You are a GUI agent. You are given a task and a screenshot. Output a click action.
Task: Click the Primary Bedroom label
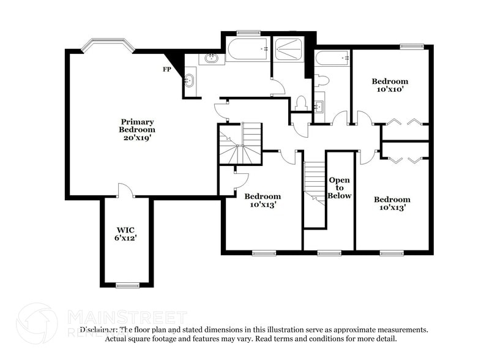click(x=136, y=130)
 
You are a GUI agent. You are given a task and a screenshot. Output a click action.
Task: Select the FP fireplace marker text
click(x=166, y=69)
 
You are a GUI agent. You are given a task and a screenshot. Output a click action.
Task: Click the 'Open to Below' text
click(x=340, y=187)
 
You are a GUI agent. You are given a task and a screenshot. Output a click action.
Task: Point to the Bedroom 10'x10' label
click(x=390, y=85)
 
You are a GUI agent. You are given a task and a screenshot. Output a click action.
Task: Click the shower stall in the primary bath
click(x=289, y=49)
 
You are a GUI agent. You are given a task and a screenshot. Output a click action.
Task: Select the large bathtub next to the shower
click(x=248, y=49)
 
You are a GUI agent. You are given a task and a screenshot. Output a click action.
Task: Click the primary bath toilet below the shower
click(x=300, y=103)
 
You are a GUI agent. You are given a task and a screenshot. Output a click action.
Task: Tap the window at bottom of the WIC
click(x=127, y=285)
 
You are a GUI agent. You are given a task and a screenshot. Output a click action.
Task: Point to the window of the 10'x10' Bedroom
click(x=412, y=46)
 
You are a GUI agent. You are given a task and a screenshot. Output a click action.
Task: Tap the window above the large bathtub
click(x=248, y=32)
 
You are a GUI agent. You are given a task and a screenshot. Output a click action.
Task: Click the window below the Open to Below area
click(x=329, y=252)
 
